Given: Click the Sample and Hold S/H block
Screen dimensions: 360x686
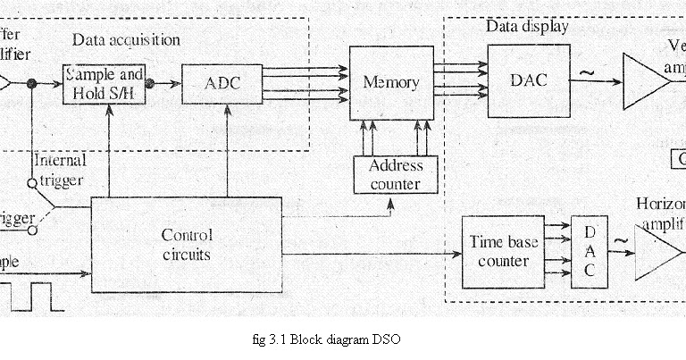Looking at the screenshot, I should (105, 85).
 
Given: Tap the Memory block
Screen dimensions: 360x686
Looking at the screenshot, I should (391, 83).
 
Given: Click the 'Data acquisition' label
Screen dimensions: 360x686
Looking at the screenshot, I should (126, 40).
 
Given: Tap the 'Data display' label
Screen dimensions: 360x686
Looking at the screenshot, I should (527, 27).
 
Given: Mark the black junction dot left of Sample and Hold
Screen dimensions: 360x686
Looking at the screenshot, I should (31, 83).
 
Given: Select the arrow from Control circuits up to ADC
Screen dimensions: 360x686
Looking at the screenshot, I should (229, 152).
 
